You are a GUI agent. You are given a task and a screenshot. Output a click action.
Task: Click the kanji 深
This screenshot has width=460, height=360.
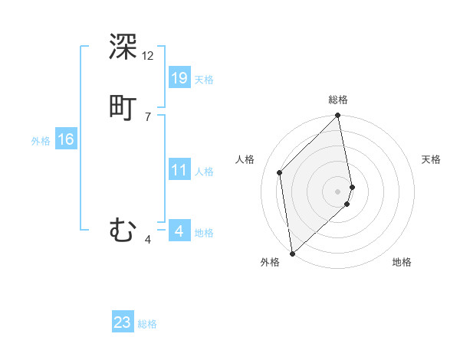pos(123,47)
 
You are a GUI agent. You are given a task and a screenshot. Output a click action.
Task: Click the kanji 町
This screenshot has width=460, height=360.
pos(123,106)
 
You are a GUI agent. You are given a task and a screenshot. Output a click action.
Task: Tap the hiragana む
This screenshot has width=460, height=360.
pos(123,230)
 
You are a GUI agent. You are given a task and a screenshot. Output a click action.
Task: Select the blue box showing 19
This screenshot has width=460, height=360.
pos(179,78)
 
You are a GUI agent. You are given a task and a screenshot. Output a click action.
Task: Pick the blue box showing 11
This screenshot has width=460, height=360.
pos(179,170)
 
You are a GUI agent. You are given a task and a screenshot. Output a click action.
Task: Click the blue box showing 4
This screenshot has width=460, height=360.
pos(179,231)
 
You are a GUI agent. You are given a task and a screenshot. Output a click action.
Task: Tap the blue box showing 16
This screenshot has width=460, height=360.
pos(66,139)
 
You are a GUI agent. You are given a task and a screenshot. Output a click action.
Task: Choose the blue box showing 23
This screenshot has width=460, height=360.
pos(123,322)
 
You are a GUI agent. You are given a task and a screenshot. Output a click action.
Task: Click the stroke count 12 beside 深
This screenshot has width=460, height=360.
pos(148,56)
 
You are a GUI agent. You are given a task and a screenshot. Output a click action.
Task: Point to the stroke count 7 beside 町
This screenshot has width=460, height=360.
pos(148,116)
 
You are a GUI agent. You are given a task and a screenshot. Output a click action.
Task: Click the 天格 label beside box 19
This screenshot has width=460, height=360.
pos(204,80)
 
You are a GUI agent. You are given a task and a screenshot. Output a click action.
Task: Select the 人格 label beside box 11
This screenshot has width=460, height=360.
pos(204,172)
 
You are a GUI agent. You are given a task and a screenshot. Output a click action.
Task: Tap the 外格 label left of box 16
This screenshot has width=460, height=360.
pos(41,141)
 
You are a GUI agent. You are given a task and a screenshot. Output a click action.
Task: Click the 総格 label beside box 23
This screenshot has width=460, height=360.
pos(147,324)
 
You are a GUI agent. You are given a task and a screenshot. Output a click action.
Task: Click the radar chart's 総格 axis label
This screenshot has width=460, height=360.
pos(338,100)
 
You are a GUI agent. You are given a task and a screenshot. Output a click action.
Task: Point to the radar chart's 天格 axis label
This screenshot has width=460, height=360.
pos(431,159)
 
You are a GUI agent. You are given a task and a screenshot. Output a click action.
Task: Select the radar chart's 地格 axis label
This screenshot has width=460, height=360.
pos(402,262)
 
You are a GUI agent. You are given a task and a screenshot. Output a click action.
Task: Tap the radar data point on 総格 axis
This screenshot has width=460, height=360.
pos(338,116)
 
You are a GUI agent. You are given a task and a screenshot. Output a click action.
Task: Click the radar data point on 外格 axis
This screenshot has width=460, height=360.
pos(292,253)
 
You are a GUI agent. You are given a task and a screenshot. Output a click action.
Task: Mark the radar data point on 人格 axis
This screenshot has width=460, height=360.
pos(280,172)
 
